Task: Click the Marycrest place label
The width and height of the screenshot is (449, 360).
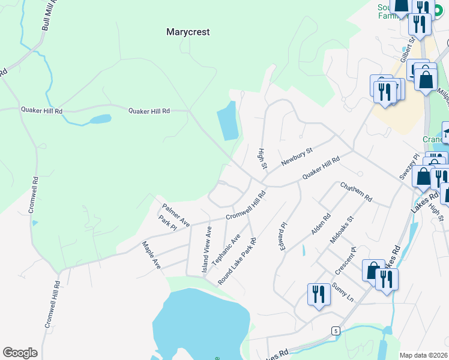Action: pos(188,32)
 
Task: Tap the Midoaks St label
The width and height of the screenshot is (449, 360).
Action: pos(342,230)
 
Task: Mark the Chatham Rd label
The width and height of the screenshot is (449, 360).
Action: pos(356,192)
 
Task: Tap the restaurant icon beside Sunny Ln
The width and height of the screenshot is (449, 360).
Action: pos(319,295)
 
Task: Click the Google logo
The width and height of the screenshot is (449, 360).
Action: pos(20,353)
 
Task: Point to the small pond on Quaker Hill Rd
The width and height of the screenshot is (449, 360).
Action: pos(100,119)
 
